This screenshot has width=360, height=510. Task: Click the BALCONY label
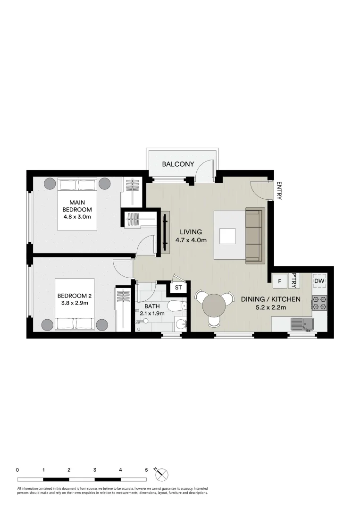pyautogui.click(x=178, y=164)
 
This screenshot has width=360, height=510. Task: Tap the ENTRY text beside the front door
pyautogui.click(x=279, y=191)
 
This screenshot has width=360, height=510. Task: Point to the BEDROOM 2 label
pyautogui.click(x=75, y=296)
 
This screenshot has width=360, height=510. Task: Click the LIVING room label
pyautogui.click(x=191, y=232)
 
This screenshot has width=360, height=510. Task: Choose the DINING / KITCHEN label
pyautogui.click(x=271, y=299)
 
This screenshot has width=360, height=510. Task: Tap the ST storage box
pyautogui.click(x=178, y=288)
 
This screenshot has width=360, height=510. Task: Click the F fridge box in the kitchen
pyautogui.click(x=280, y=281)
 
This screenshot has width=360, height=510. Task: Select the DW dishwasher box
pyautogui.click(x=319, y=280)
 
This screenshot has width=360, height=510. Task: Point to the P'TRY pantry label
pyautogui.click(x=294, y=280)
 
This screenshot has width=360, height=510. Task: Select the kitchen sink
pyautogui.click(x=302, y=324)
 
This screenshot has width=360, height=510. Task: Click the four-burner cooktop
pyautogui.click(x=319, y=303)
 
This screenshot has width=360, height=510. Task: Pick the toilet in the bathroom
pyautogui.click(x=177, y=306)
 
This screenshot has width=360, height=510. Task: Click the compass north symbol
pyautogui.click(x=161, y=475)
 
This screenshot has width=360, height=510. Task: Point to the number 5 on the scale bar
pyautogui.click(x=146, y=470)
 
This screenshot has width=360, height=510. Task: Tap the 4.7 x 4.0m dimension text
pyautogui.click(x=191, y=240)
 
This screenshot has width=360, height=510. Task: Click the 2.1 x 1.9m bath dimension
pyautogui.click(x=152, y=314)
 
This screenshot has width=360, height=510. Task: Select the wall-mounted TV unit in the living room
pyautogui.click(x=166, y=232)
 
